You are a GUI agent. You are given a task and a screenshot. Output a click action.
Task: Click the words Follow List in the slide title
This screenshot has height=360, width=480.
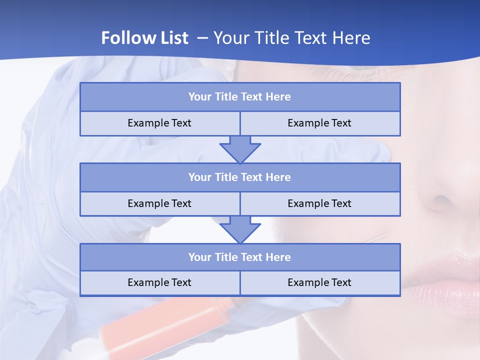tap(144, 38)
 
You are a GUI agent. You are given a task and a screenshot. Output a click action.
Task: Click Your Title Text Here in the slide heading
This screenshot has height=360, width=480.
tap(291, 38)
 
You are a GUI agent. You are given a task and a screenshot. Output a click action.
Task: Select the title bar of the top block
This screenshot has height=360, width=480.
tap(240, 97)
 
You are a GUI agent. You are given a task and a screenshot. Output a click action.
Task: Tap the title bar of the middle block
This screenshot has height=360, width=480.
tap(240, 177)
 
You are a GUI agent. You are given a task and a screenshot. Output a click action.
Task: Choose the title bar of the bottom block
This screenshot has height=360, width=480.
tap(240, 257)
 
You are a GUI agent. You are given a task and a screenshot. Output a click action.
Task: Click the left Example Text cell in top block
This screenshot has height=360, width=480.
tap(159, 123)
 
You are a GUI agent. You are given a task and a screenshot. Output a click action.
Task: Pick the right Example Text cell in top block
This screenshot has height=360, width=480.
tap(319, 123)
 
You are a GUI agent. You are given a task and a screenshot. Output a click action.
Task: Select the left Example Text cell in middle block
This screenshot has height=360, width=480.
tap(159, 203)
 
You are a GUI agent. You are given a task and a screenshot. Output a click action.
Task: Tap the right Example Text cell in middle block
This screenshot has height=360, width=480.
tap(319, 203)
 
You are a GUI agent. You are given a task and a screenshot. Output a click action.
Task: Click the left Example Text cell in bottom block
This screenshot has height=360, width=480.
tap(159, 282)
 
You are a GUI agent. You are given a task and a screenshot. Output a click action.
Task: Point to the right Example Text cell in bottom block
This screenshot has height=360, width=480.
tap(319, 282)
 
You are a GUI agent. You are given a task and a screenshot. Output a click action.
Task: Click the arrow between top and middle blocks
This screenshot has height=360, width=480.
tap(240, 149)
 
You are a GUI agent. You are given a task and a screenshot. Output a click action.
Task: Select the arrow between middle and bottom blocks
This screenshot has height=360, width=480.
tap(240, 229)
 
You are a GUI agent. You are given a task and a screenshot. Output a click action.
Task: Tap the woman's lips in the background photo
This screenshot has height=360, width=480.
tap(445, 280)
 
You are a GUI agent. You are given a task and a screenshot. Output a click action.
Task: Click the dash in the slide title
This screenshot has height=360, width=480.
tap(203, 38)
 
